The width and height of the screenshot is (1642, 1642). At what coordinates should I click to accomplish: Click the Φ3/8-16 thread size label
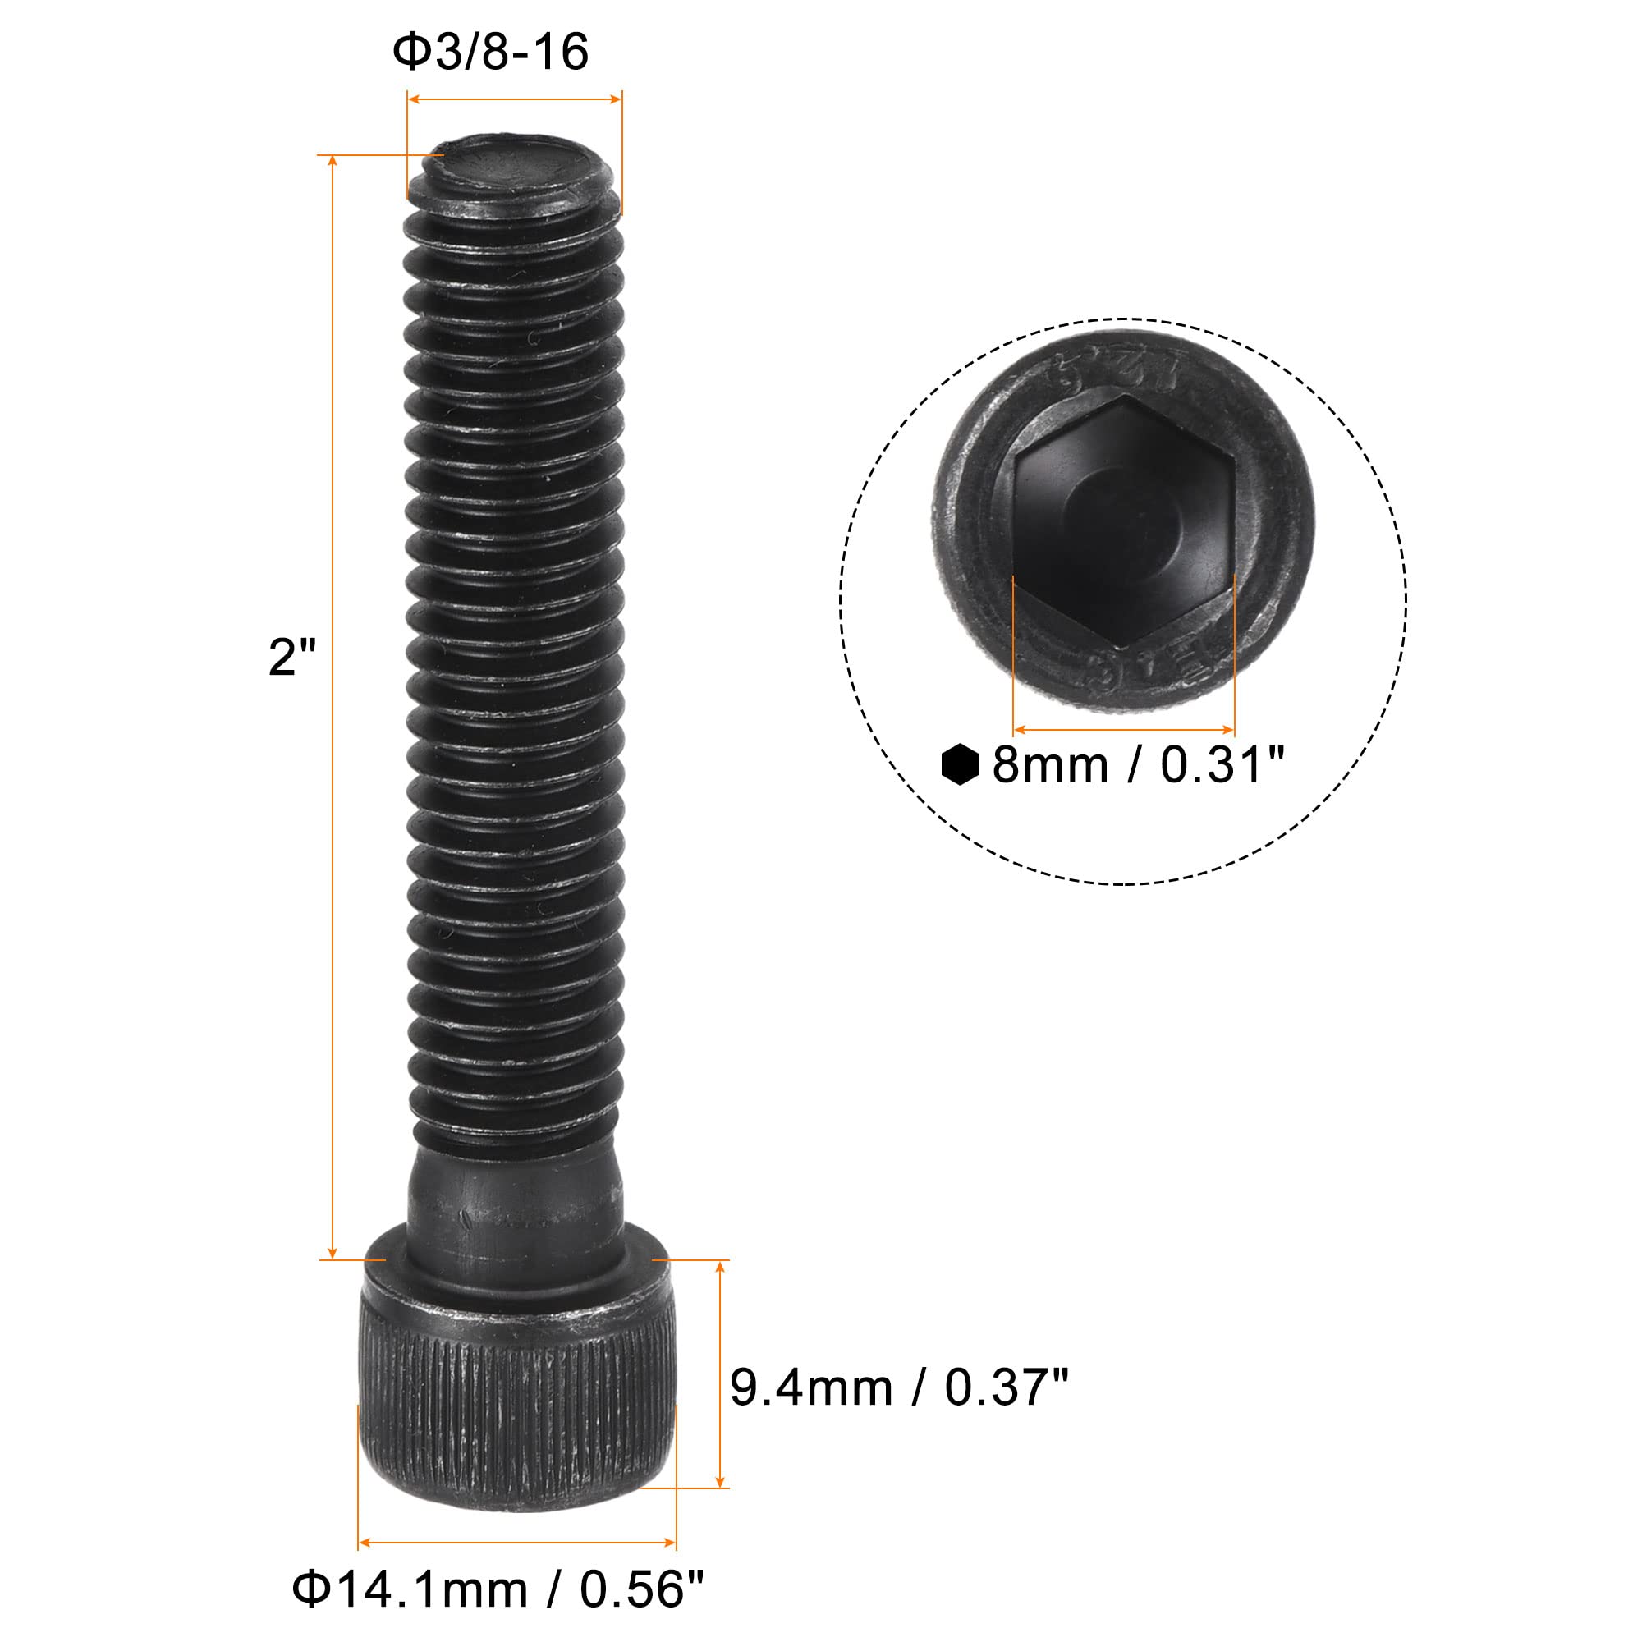[x=489, y=52]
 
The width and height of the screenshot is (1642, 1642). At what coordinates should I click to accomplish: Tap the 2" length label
[x=291, y=657]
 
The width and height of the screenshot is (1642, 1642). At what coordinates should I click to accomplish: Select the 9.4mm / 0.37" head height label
[x=898, y=1387]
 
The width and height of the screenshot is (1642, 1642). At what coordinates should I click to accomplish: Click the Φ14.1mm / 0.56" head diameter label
[x=498, y=1589]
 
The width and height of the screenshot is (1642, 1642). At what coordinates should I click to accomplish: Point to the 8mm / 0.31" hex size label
[x=1137, y=765]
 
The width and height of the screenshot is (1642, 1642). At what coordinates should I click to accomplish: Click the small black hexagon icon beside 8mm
[x=961, y=764]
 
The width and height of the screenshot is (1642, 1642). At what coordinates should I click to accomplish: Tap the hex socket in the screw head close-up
[x=1124, y=518]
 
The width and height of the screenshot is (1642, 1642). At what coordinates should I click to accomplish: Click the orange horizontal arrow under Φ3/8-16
[x=514, y=99]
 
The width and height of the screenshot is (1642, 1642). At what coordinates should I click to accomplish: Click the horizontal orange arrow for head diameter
[x=516, y=1543]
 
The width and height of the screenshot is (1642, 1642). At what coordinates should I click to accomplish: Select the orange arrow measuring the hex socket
[x=1124, y=729]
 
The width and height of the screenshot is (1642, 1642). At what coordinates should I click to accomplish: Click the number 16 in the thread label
[x=562, y=52]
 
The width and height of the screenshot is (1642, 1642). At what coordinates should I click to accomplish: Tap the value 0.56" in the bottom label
[x=642, y=1589]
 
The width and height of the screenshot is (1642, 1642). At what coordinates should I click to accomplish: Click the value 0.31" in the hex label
[x=1222, y=765]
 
